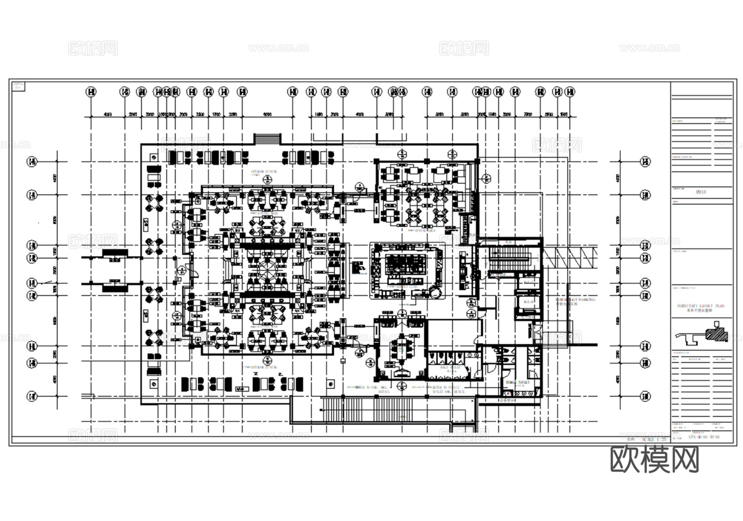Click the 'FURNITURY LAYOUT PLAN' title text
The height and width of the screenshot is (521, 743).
point(701,306)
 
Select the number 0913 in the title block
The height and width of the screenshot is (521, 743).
point(701,192)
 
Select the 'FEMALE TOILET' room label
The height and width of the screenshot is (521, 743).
point(517,382)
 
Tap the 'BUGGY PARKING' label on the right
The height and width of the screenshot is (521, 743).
point(575,301)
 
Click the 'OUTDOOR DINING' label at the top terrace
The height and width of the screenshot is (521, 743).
point(264,171)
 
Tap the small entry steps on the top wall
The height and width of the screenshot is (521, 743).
point(267,140)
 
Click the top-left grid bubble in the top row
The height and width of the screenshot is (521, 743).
point(91,92)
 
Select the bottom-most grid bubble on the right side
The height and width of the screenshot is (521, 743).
point(645,396)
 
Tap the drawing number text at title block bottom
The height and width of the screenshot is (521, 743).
point(704,437)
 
